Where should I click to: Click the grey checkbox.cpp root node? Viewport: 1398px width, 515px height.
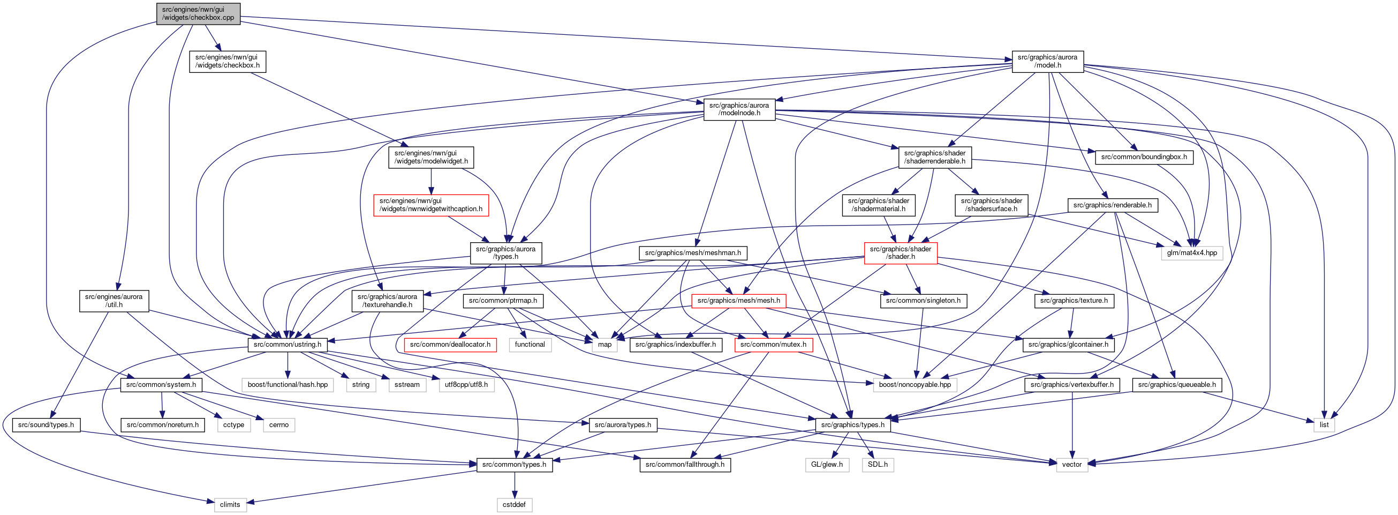coord(198,13)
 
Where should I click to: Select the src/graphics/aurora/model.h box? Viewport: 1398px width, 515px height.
coord(1047,62)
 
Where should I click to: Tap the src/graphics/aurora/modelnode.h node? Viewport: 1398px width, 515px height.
coord(739,109)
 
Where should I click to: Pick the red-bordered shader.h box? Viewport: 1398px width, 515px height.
coord(901,252)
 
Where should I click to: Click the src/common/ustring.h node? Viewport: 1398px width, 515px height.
coord(288,345)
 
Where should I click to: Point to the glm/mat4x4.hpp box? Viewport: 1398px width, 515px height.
coord(1192,252)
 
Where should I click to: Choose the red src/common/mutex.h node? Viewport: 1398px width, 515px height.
coord(773,345)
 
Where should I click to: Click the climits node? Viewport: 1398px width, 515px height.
coord(230,505)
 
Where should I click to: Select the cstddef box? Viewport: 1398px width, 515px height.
coord(514,505)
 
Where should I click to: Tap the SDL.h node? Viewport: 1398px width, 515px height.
coord(878,465)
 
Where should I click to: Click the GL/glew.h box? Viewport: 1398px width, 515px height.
coord(827,465)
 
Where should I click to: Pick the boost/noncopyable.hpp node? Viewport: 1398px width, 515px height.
coord(915,385)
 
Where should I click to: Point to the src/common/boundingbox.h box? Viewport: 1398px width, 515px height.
coord(1144,157)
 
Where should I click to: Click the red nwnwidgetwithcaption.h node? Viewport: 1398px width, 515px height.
coord(431,205)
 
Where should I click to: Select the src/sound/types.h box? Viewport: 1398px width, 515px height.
coord(46,425)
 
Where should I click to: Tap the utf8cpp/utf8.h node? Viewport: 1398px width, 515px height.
coord(466,385)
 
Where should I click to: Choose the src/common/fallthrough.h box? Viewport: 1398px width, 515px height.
coord(685,465)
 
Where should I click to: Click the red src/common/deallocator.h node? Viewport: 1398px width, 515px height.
coord(450,345)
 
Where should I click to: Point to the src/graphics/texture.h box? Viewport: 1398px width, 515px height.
coord(1074,301)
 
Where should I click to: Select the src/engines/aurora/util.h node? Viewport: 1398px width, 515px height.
coord(114,301)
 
